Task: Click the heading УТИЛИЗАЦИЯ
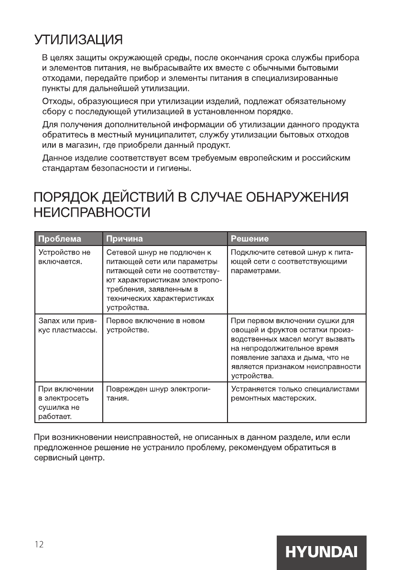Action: [78, 38]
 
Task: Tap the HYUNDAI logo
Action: [321, 552]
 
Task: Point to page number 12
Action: [39, 545]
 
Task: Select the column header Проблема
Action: [59, 239]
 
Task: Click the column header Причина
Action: [124, 239]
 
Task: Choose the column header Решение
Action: [249, 239]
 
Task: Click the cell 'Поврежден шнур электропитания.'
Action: [158, 394]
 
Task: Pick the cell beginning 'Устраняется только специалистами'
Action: [294, 394]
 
